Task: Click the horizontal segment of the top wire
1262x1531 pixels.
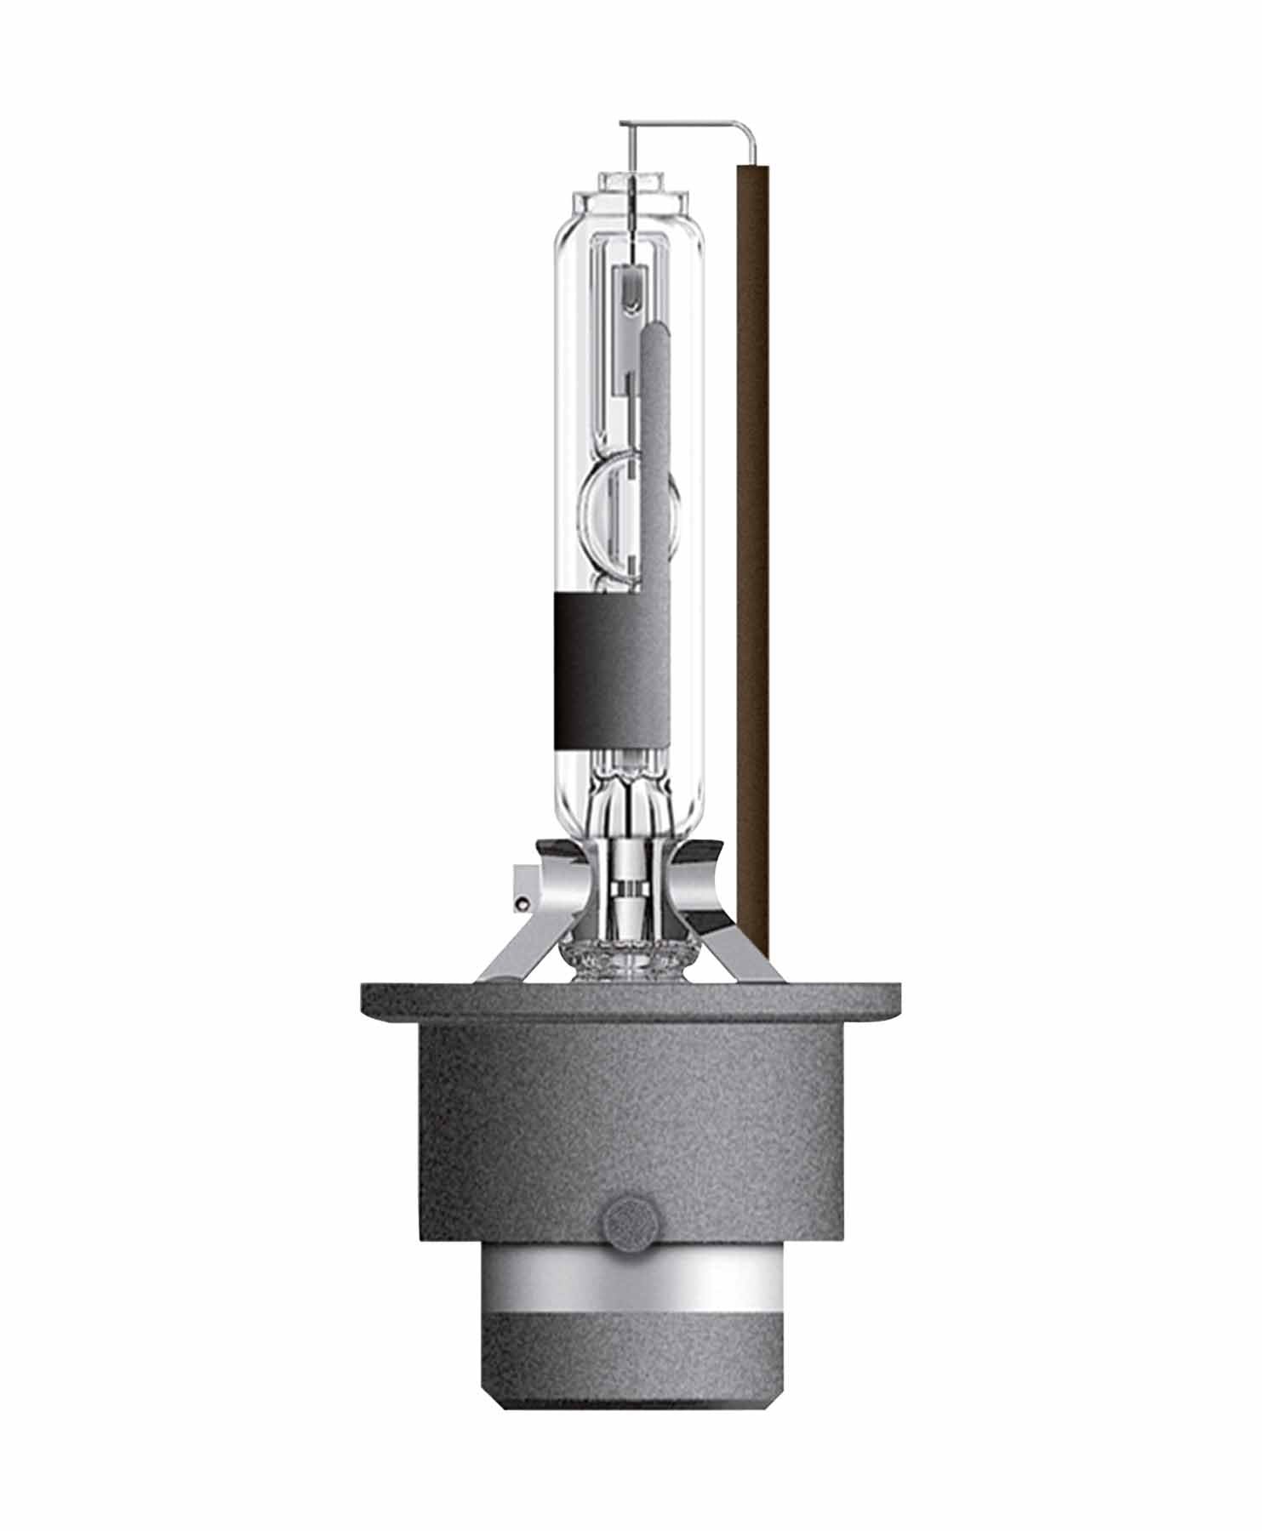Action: (681, 125)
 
